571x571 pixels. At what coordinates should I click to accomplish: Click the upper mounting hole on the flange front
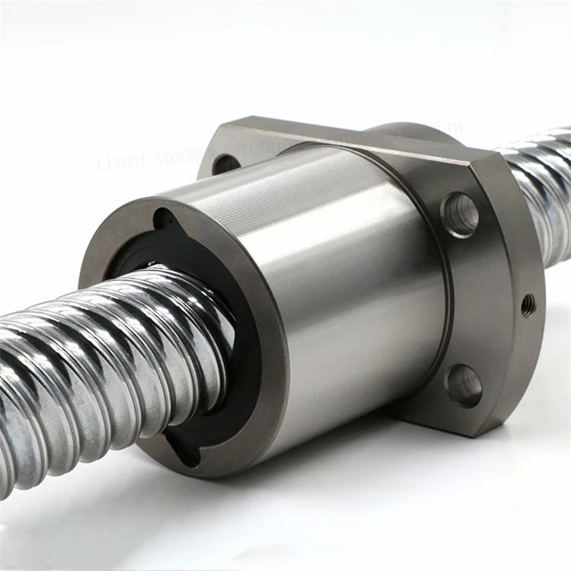[x=460, y=213]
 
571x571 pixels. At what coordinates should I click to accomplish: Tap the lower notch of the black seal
[x=186, y=450]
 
